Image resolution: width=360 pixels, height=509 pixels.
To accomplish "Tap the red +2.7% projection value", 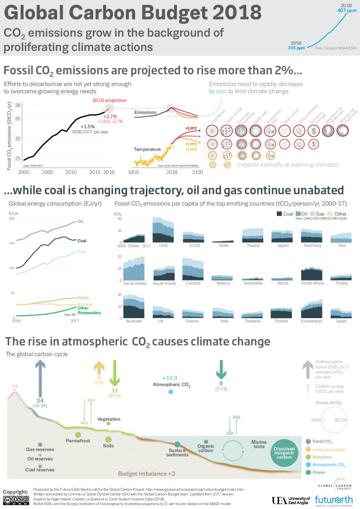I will coord(110,116).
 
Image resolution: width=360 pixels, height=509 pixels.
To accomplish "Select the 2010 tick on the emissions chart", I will coord(71,172).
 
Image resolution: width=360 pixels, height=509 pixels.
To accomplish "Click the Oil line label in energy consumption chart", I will coord(80,221).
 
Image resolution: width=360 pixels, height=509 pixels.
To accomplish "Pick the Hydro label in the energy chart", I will coord(83,298).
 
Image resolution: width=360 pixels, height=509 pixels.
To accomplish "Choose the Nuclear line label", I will coord(85,304).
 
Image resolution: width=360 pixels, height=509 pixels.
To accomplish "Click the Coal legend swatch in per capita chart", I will coord(279,214).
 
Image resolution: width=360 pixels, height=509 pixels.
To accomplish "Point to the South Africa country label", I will coord(312,283).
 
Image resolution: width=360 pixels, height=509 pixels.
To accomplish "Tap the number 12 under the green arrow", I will coord(115,390).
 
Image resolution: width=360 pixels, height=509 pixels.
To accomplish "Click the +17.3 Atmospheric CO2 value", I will coord(169,378).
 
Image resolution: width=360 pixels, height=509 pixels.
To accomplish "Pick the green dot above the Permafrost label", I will coord(78,434).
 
